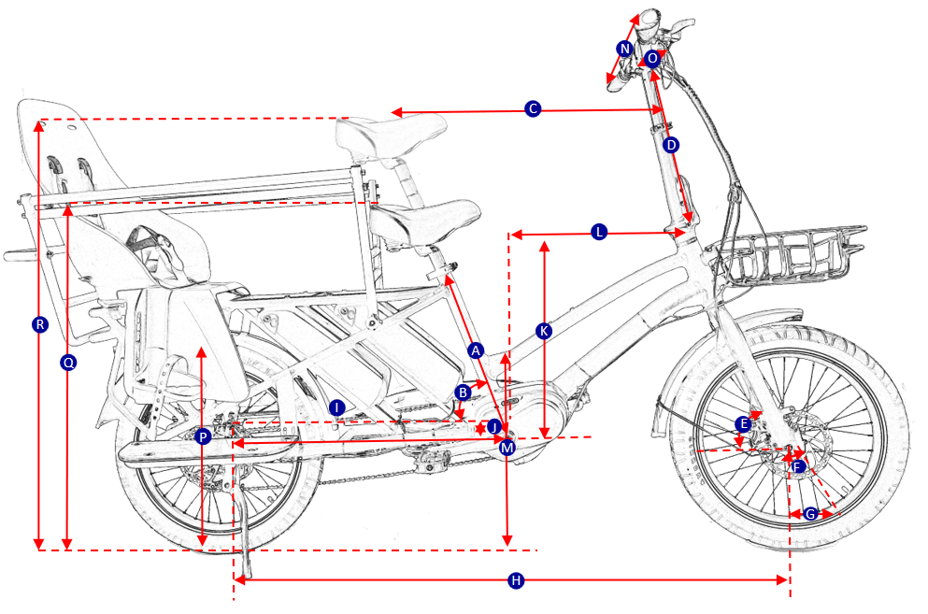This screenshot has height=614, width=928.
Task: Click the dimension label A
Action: (476, 350)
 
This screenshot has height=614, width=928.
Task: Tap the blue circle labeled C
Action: (533, 109)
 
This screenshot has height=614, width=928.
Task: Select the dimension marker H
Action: (515, 581)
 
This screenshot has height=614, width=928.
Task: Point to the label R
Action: (39, 325)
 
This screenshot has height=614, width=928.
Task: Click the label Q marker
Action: (67, 362)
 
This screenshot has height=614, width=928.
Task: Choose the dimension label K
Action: (544, 331)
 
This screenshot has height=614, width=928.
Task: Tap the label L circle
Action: (599, 233)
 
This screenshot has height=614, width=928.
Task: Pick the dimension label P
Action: (204, 436)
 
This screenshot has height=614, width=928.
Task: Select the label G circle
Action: (810, 514)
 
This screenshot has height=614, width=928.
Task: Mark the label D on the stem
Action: (670, 146)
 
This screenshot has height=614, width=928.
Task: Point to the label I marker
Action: (337, 407)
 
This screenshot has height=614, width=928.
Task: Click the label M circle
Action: (507, 448)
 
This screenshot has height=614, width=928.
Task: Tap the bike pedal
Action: (429, 460)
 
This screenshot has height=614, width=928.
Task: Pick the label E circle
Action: (743, 423)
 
